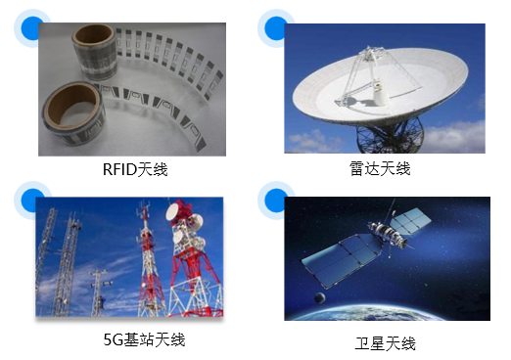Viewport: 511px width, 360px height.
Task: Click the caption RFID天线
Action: [x=135, y=169]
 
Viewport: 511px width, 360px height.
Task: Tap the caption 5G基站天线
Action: [x=144, y=339]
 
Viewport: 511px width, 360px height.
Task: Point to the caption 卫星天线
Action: [x=385, y=343]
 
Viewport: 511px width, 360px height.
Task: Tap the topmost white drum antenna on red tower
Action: [x=180, y=212]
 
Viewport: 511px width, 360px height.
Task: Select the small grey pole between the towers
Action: [x=97, y=288]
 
